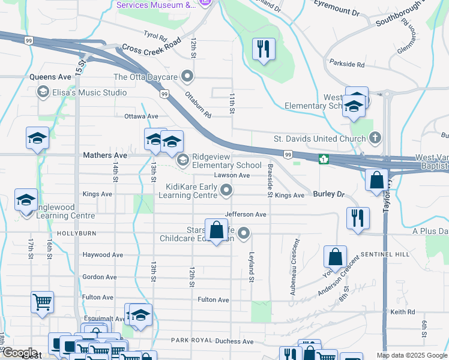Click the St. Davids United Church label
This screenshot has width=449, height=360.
pyautogui.click(x=321, y=139)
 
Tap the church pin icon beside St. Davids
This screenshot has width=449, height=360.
pyautogui.click(x=375, y=138)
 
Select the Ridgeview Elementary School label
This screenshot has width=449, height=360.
pyautogui.click(x=227, y=160)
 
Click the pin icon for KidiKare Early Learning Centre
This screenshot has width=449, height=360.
pyautogui.click(x=226, y=191)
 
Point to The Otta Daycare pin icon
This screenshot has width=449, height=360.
pyautogui.click(x=188, y=77)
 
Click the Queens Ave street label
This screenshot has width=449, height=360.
pyautogui.click(x=50, y=77)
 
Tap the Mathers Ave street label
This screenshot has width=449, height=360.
pyautogui.click(x=104, y=155)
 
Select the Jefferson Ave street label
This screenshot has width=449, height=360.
pyautogui.click(x=245, y=214)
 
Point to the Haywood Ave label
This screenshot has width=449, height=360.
pyautogui.click(x=103, y=254)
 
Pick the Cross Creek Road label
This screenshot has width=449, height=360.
pyautogui.click(x=151, y=47)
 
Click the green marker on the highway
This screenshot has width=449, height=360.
pyautogui.click(x=323, y=159)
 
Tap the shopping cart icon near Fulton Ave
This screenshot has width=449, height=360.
pyautogui.click(x=42, y=303)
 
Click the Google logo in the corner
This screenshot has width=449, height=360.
pyautogui.click(x=20, y=353)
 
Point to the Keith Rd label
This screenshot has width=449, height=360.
pyautogui.click(x=402, y=312)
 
